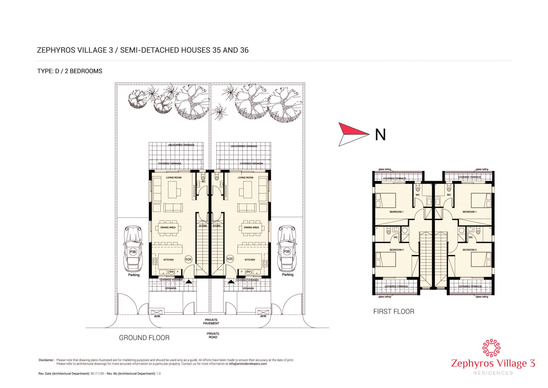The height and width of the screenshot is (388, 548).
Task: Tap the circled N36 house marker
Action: [189, 259]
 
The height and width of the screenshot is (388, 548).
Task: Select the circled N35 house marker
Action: [230, 258]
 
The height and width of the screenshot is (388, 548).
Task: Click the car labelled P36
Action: [133, 248]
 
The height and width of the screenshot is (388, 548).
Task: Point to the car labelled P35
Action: [287, 248]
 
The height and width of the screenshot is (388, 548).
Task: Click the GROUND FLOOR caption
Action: [144, 338]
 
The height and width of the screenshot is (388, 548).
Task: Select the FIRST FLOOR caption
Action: [394, 311]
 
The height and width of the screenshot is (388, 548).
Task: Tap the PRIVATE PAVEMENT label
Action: [211, 322]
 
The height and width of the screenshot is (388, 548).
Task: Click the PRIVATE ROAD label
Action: [213, 335]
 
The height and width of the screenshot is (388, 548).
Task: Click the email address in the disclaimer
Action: [248, 364]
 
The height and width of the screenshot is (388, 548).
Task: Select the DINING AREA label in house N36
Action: [168, 227]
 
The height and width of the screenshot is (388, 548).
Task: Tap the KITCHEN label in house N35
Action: [250, 260]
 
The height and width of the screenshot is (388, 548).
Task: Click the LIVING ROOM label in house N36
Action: [174, 178]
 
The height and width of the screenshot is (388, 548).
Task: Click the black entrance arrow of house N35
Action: [230, 281]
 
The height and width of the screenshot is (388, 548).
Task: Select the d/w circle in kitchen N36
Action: [171, 272]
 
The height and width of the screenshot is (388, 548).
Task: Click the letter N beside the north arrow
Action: [380, 134]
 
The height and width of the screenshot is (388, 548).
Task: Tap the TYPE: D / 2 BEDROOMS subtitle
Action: [70, 71]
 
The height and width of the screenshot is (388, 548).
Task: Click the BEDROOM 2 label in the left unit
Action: [396, 250]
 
